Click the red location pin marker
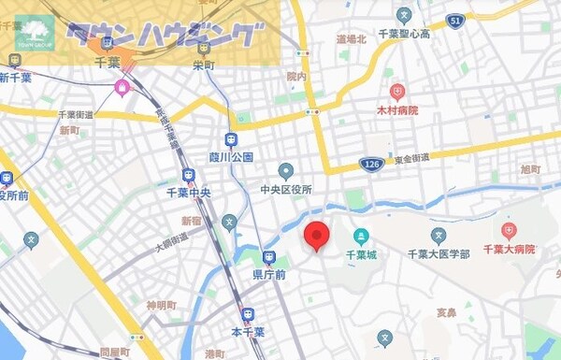coord(318,236)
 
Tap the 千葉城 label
coord(361,253)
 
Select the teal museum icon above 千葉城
coord(361,236)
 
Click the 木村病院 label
coord(397,110)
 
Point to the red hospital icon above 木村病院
coord(397,93)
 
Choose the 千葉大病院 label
coord(508,250)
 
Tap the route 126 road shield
coord(373,165)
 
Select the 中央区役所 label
coord(286,189)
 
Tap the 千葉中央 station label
coord(189,193)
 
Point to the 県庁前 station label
coord(268,275)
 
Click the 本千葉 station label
coord(248,331)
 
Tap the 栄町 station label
coord(203,65)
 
